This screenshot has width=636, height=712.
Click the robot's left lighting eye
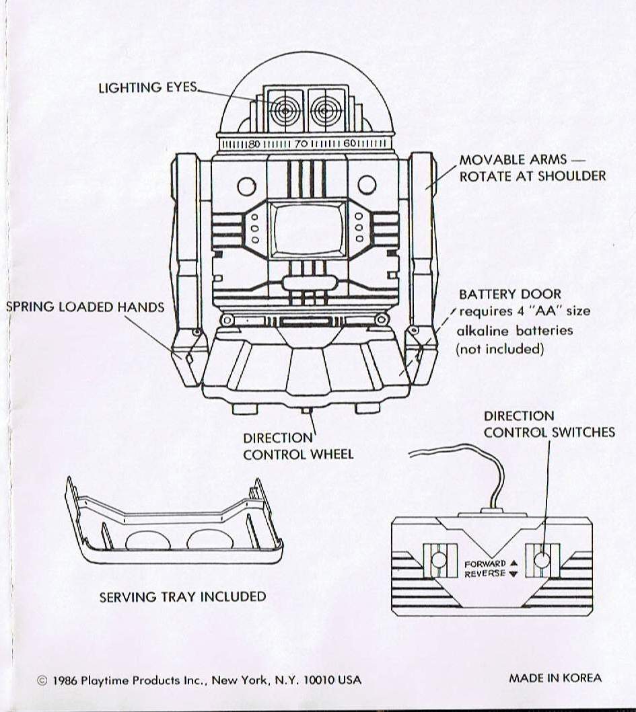click(284, 109)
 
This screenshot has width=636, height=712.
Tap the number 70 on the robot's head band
click(301, 144)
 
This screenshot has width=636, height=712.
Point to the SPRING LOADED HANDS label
click(85, 307)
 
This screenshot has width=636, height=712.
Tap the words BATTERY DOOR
click(509, 294)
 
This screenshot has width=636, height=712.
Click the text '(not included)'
click(499, 349)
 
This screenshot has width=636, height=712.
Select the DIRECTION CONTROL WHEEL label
click(297, 446)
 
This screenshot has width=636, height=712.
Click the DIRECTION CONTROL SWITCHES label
click(549, 424)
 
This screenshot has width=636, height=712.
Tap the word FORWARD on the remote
click(485, 563)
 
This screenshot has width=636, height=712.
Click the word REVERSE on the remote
click(485, 574)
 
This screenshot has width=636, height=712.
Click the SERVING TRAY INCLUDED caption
click(182, 596)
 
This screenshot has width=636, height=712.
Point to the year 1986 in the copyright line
click(65, 680)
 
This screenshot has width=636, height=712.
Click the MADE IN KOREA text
click(555, 678)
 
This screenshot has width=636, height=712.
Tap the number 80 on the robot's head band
click(254, 144)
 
